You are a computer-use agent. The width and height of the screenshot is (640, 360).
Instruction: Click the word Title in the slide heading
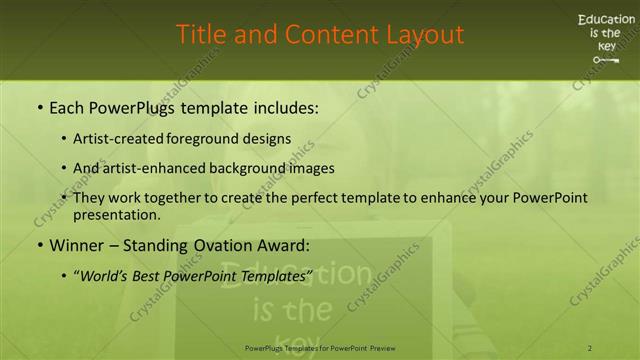point(202,34)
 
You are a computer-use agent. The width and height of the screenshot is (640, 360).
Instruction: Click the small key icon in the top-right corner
point(606,60)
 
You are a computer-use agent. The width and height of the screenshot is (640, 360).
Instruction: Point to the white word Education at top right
point(605,19)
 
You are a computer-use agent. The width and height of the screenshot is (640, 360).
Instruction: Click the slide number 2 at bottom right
point(590,348)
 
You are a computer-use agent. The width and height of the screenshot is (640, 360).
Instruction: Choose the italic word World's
point(105,274)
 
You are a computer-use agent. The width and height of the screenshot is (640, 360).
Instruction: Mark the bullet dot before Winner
point(39,245)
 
